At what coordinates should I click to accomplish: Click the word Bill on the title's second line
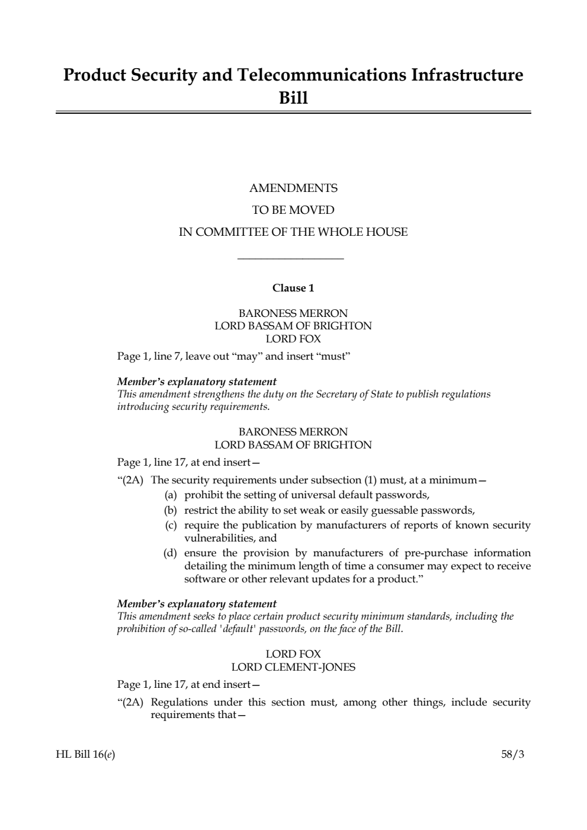click(x=293, y=98)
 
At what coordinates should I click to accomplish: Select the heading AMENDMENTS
click(x=293, y=188)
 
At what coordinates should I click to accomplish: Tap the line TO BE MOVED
click(x=293, y=210)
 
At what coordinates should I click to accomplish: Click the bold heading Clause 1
click(x=293, y=289)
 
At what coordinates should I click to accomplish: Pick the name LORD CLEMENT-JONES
click(x=293, y=667)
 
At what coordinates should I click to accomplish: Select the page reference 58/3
click(x=512, y=755)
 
